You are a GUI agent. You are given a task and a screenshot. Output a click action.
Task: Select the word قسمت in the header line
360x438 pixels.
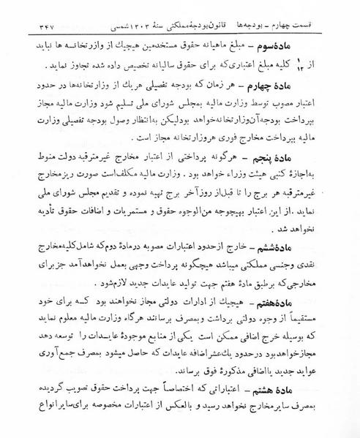pyautogui.click(x=337, y=13)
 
